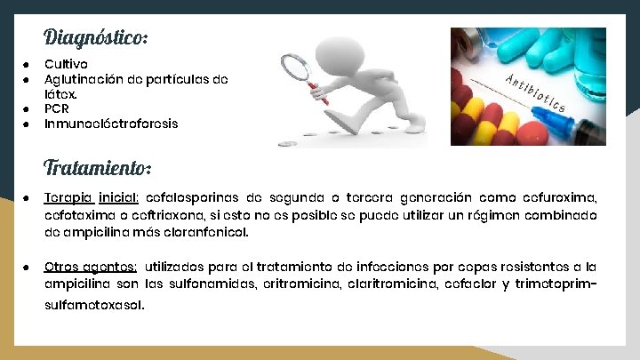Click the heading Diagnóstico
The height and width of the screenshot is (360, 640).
point(95,37)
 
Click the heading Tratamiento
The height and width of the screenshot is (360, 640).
point(97,167)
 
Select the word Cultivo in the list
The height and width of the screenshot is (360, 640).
point(66,64)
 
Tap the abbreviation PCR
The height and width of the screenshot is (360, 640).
point(57,108)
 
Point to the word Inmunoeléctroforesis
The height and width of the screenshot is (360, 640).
point(111,124)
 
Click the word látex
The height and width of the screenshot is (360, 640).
point(61,93)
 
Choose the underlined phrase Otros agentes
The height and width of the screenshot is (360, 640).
point(91,266)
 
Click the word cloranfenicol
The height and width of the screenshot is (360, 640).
point(205,232)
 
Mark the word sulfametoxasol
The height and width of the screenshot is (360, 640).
point(92,305)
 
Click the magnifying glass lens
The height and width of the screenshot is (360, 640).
point(298,68)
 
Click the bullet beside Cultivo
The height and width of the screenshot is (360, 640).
point(27,64)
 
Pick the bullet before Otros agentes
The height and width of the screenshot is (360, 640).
point(27,266)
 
